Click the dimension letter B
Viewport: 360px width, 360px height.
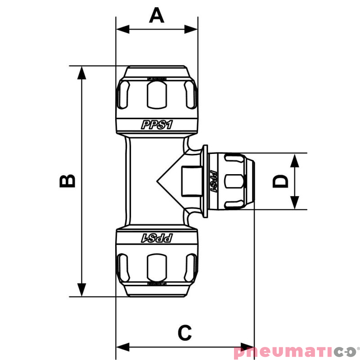(67, 181)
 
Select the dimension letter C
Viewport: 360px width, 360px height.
(184, 333)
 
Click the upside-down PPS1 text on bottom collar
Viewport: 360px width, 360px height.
(157, 237)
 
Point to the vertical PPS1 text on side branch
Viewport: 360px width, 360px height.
(213, 181)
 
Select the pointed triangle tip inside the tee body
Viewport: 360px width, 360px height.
(158, 181)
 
